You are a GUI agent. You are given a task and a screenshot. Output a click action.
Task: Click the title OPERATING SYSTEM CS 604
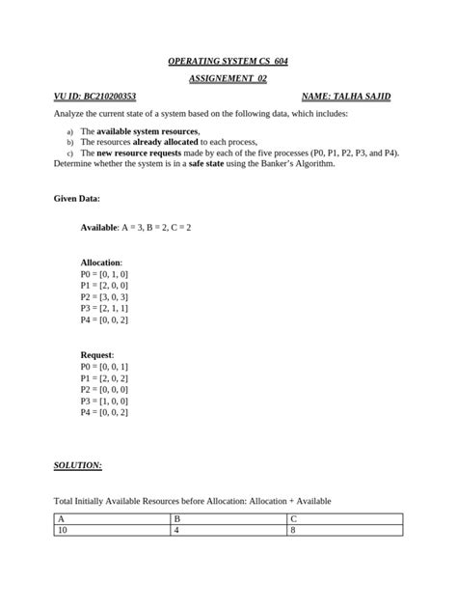(x=228, y=61)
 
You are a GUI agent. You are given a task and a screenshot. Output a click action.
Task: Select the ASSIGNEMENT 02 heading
(x=228, y=79)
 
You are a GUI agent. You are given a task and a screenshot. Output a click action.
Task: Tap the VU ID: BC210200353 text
(x=95, y=97)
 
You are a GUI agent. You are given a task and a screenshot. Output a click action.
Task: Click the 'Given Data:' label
(x=76, y=199)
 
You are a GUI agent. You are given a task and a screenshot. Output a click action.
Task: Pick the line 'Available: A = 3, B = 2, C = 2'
(x=135, y=227)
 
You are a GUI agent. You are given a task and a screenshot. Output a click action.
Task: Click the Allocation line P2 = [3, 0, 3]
(x=104, y=297)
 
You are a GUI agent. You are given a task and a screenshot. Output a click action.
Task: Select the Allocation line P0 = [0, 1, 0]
(x=104, y=274)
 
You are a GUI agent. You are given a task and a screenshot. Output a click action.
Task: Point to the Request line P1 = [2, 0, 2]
(x=104, y=378)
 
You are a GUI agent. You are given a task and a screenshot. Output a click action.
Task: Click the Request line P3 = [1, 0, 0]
(x=104, y=401)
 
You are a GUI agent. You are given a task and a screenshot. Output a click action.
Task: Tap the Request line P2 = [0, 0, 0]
(x=104, y=389)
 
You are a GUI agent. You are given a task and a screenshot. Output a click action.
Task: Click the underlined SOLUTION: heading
(x=77, y=465)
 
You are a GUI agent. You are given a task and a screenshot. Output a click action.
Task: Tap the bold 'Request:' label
(x=96, y=355)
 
